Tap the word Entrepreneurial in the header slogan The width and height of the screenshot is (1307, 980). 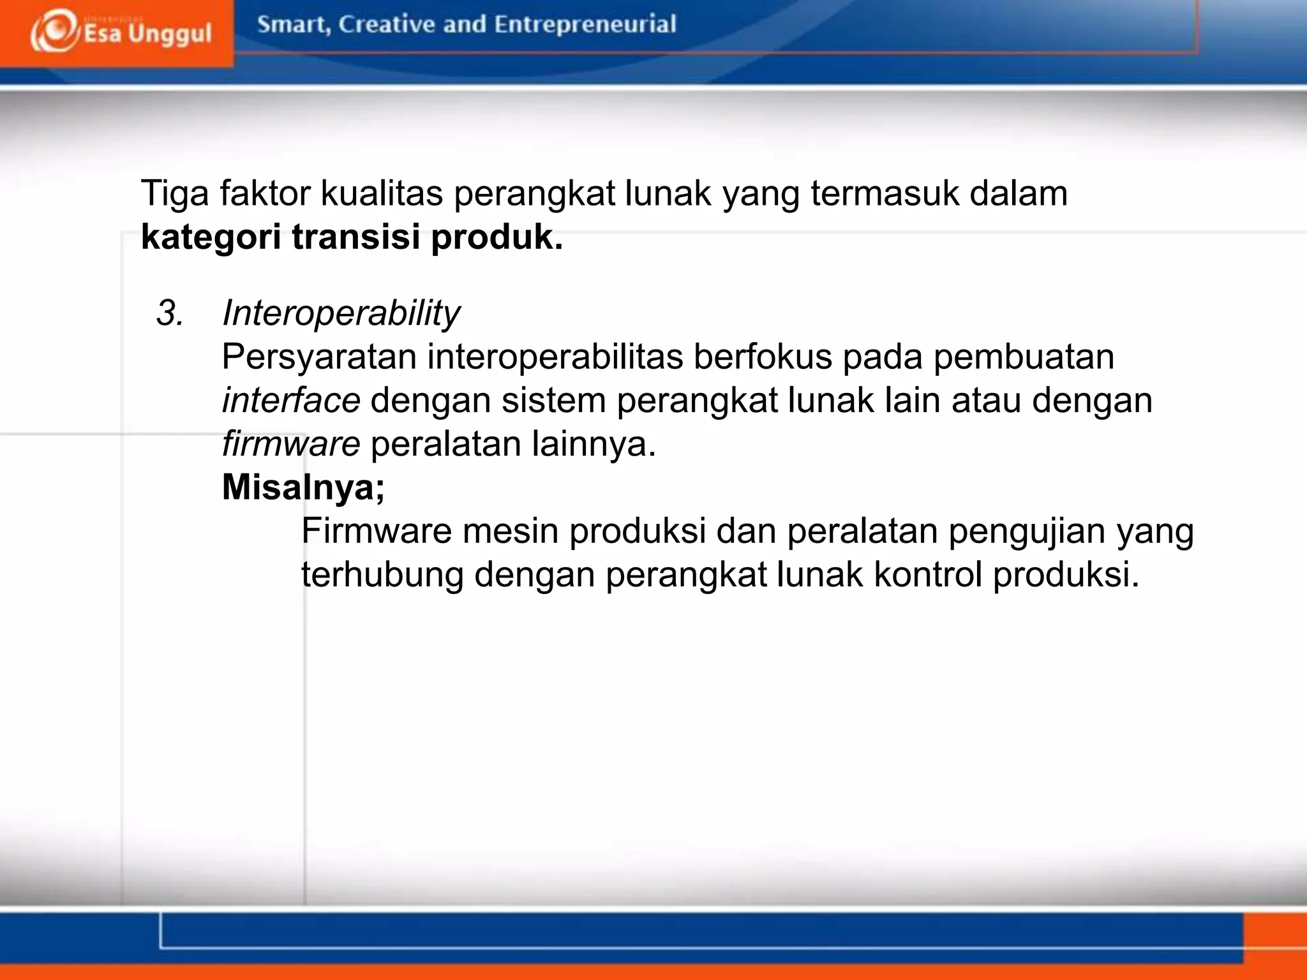pyautogui.click(x=585, y=24)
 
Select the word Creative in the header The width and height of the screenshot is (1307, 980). pyautogui.click(x=387, y=24)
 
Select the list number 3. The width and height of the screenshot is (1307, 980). pyautogui.click(x=169, y=313)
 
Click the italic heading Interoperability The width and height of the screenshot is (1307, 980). pyautogui.click(x=341, y=313)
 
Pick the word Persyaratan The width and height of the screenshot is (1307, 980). pyautogui.click(x=319, y=357)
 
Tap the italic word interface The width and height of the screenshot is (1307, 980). pyautogui.click(x=291, y=400)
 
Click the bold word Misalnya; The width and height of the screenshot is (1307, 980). pyautogui.click(x=303, y=487)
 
